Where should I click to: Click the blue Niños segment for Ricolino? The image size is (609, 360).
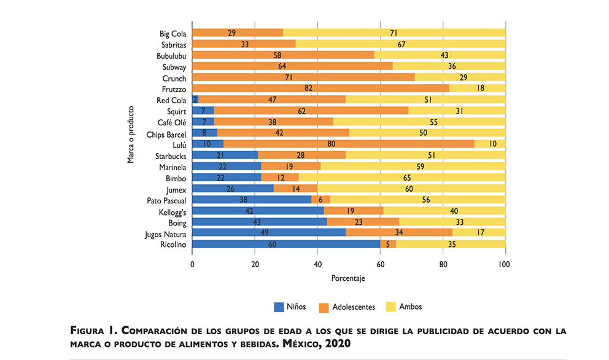click(x=286, y=244)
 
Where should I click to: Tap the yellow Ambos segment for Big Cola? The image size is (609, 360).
click(x=394, y=33)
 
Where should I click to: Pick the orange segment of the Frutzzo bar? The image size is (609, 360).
click(x=321, y=88)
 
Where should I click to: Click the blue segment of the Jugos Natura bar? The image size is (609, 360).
click(x=269, y=233)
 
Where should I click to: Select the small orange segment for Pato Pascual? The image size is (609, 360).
click(x=320, y=200)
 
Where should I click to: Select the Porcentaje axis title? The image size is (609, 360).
click(x=348, y=278)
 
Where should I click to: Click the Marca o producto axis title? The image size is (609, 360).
click(x=131, y=134)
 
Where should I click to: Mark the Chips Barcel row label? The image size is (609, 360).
click(x=166, y=133)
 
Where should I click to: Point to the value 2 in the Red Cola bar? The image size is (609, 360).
click(x=195, y=100)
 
